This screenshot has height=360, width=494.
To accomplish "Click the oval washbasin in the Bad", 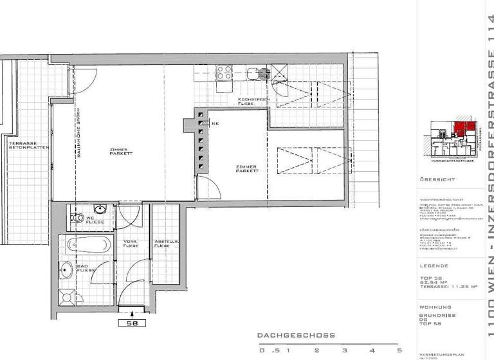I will (66, 269).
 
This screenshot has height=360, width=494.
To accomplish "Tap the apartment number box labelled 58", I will (131, 323).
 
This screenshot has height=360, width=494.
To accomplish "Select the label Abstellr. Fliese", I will (161, 244).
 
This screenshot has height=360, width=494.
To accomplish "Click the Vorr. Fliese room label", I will (131, 244).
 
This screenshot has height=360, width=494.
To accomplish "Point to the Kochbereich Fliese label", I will (248, 101).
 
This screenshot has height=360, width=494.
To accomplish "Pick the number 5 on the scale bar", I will (399, 351).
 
